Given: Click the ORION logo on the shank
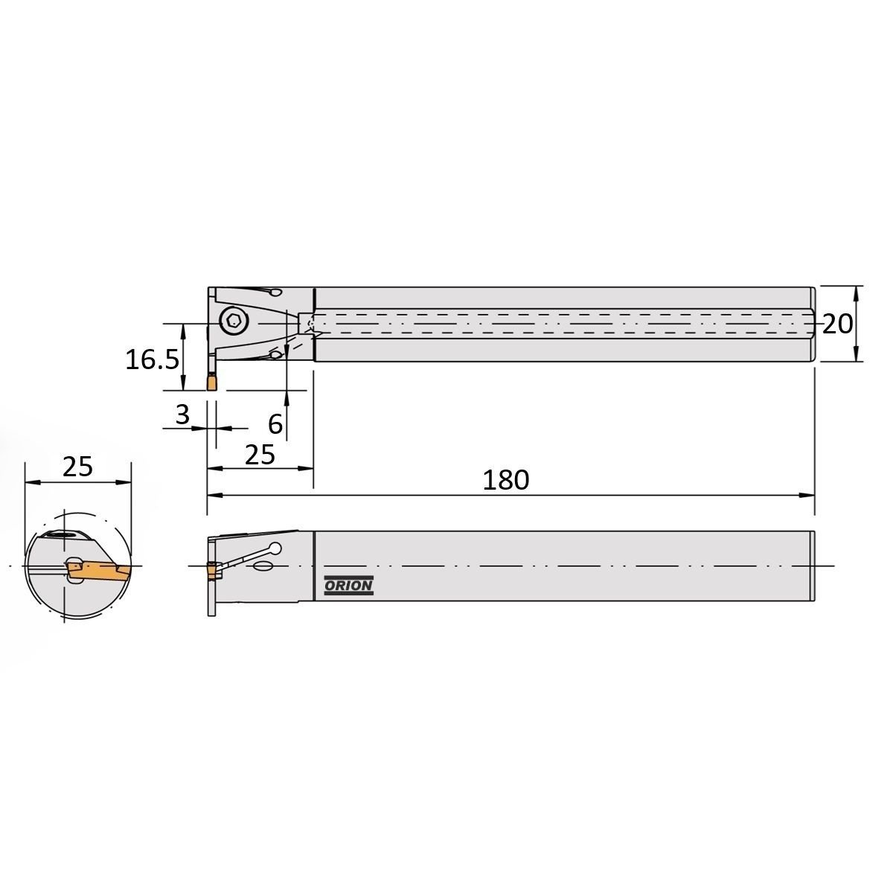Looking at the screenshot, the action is [348, 586].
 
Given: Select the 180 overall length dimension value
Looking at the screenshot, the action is [505, 480].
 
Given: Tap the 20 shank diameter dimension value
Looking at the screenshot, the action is [837, 324].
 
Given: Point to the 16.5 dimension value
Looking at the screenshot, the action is [152, 359].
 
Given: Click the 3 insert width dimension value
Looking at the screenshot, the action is [182, 415].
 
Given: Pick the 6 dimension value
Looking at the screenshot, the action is [275, 424].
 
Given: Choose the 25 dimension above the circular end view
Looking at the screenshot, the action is [77, 466].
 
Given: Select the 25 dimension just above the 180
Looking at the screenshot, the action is [260, 455].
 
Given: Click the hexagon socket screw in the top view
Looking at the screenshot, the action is [234, 321].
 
